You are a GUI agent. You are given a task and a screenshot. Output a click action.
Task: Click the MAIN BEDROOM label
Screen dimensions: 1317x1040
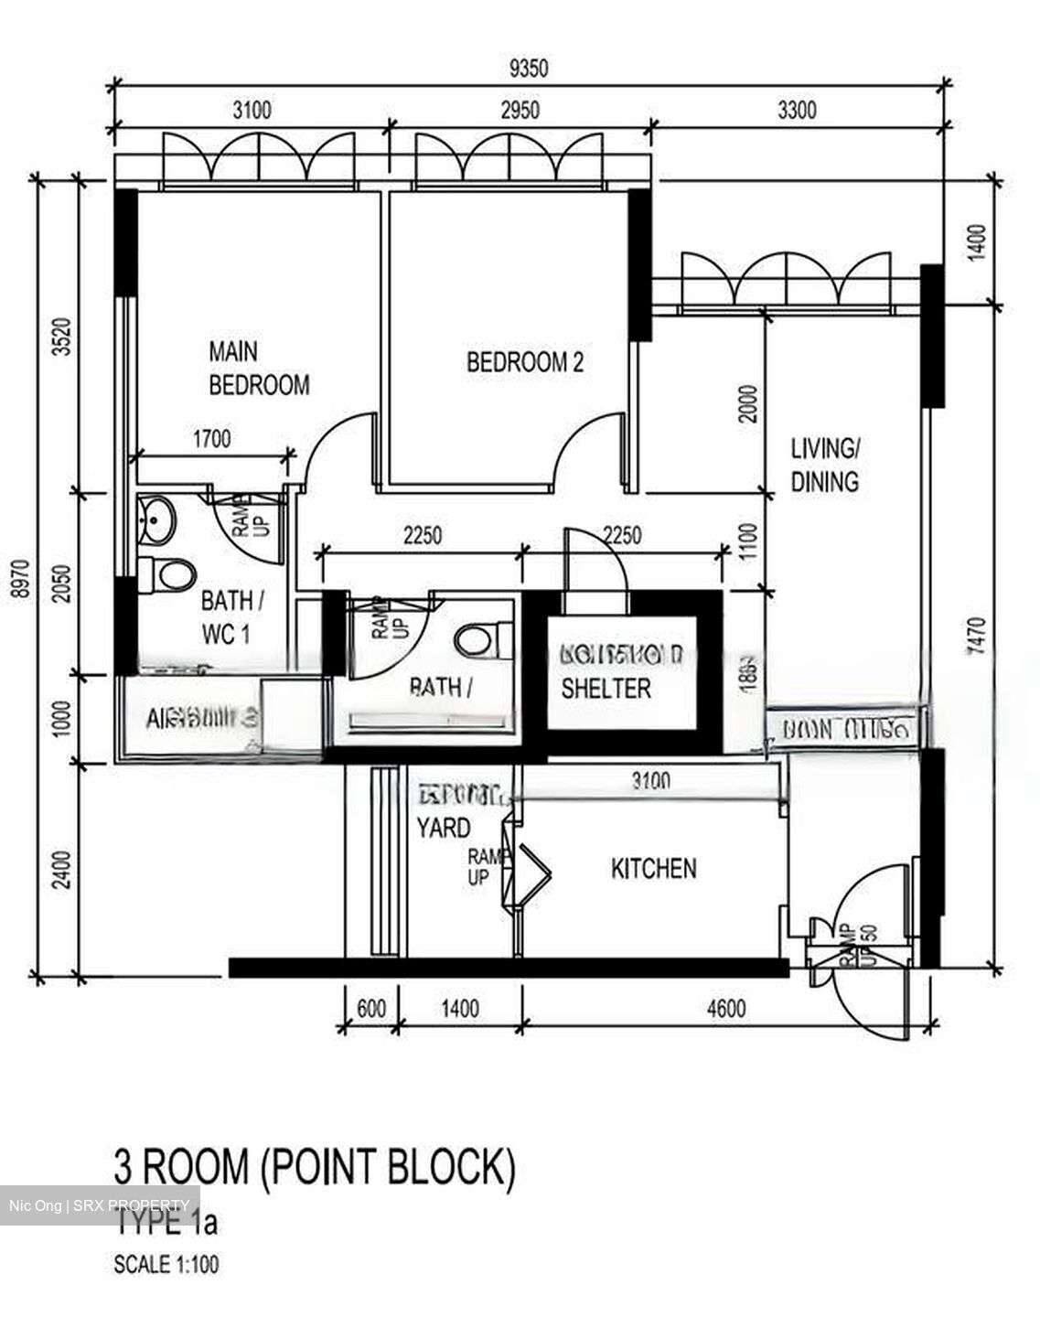(258, 368)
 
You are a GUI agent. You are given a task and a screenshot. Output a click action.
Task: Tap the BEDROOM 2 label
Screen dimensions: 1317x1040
(524, 362)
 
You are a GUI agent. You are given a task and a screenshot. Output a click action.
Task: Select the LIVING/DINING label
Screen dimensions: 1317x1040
(824, 466)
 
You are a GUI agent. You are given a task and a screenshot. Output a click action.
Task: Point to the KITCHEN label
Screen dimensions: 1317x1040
(653, 868)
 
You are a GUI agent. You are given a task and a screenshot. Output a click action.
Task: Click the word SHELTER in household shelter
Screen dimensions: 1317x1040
(606, 689)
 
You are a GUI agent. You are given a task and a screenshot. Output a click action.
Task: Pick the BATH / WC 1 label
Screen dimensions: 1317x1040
(232, 617)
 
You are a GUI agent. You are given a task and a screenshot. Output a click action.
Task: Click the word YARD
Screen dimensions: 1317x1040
(444, 829)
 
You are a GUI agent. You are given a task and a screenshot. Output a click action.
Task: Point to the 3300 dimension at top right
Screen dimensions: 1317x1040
(796, 111)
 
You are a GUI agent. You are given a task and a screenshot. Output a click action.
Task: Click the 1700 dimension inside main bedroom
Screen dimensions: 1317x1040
(211, 439)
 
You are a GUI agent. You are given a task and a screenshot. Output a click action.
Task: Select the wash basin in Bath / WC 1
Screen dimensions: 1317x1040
(157, 519)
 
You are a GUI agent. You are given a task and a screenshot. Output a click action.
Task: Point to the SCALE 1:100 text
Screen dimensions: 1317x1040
(166, 1265)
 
